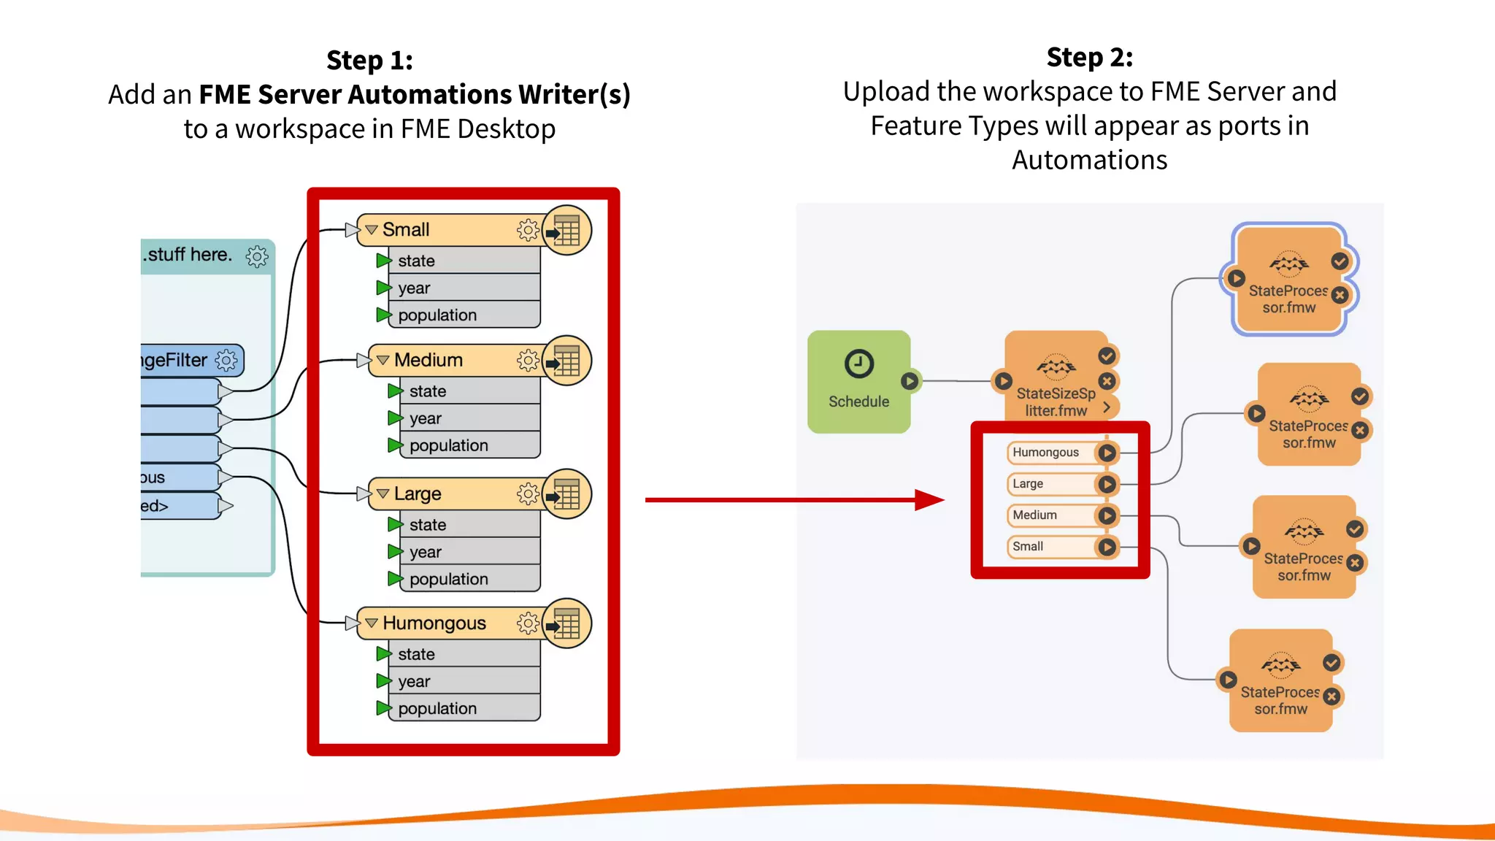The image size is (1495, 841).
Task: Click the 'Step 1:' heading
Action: [369, 60]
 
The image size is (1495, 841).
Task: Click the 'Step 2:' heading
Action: [1089, 57]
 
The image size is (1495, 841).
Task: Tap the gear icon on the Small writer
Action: [528, 230]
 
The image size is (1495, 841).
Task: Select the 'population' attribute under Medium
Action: [448, 445]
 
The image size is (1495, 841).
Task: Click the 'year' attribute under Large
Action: [425, 552]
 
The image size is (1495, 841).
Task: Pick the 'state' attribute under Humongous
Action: [416, 654]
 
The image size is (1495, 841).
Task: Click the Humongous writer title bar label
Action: [434, 623]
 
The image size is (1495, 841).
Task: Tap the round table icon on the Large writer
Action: [566, 494]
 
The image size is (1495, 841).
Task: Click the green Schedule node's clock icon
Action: [858, 364]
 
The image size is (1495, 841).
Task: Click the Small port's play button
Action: [1107, 547]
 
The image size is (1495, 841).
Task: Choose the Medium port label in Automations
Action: [1034, 515]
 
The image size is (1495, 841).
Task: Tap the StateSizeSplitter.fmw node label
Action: [1056, 402]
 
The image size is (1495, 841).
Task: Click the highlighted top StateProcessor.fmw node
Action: [1288, 279]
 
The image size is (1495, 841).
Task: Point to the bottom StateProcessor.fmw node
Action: [1280, 680]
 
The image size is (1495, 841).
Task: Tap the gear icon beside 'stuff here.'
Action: [257, 256]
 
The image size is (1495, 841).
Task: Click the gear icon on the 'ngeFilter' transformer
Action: [226, 360]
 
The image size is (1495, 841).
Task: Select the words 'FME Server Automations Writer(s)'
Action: [414, 94]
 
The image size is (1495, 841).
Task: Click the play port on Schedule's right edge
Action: [910, 381]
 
